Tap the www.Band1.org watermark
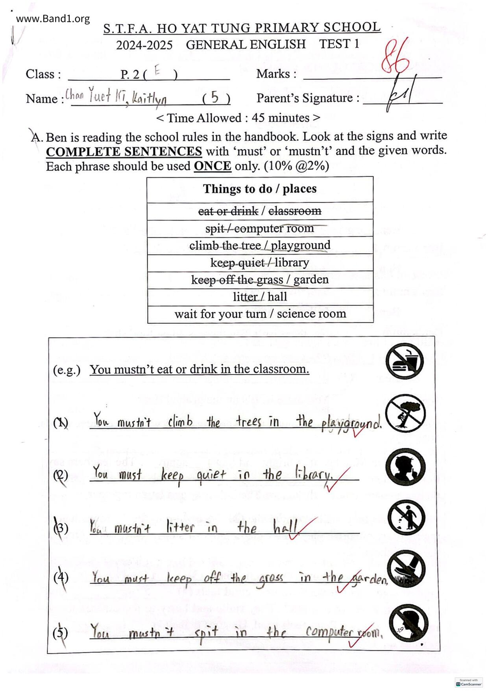coord(53,19)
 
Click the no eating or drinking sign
coord(405,361)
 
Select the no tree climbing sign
coord(405,413)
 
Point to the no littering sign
coord(406,518)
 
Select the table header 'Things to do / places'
coord(260,189)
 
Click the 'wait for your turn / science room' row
coord(260,314)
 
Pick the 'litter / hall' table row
coord(260,297)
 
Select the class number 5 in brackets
coord(214,97)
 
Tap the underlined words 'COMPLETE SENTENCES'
coord(124,152)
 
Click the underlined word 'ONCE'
coord(212,166)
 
